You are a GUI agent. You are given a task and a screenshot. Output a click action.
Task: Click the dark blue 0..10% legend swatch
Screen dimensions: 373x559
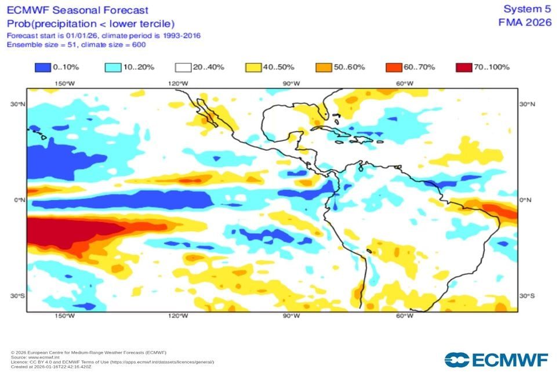point(42,67)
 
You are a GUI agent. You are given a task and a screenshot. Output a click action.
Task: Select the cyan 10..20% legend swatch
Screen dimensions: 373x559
point(112,67)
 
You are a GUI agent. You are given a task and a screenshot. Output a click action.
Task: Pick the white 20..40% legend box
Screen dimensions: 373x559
point(183,67)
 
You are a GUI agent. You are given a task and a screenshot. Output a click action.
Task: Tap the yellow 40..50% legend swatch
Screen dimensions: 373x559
point(253,67)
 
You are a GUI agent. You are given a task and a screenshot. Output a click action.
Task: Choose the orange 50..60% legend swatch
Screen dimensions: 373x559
point(323,67)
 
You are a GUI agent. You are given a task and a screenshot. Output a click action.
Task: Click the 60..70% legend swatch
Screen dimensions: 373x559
point(393,67)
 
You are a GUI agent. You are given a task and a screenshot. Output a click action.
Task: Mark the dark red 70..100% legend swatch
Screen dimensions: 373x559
point(463,67)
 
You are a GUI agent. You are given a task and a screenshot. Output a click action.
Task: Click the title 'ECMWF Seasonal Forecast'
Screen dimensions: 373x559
point(77,10)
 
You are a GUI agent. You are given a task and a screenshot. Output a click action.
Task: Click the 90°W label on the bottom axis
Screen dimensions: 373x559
point(291,316)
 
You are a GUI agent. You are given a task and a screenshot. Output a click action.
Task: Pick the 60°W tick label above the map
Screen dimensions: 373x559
point(404,84)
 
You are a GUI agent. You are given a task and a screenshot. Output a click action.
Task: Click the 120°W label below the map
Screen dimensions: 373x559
point(177,316)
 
